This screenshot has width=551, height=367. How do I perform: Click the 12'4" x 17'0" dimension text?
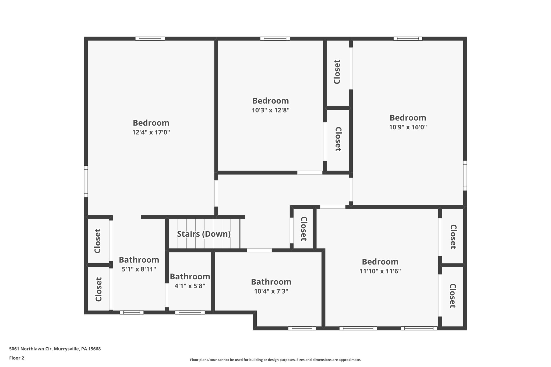click(151, 132)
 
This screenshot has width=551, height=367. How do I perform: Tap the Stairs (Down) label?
click(204, 234)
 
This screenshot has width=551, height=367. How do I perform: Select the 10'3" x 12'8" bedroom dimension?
click(270, 110)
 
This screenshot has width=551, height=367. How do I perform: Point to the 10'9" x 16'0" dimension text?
click(408, 127)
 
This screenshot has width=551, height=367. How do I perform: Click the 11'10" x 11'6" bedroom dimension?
click(380, 271)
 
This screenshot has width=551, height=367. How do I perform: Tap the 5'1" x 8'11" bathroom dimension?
click(139, 269)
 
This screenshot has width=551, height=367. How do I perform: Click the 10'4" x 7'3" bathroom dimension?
click(271, 291)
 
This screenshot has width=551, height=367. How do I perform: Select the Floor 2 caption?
click(17, 358)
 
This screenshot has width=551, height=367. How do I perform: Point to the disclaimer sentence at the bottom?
click(275, 360)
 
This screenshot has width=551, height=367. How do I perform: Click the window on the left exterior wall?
click(86, 181)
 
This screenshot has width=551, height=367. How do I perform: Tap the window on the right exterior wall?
click(465, 175)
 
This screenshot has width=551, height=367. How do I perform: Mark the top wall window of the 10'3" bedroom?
click(275, 38)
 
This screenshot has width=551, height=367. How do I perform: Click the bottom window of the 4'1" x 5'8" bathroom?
click(190, 312)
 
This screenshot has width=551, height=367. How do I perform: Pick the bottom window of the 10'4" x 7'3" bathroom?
click(302, 328)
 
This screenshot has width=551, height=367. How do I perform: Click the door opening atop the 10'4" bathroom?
click(259, 250)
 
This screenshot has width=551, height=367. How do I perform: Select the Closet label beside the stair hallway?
click(303, 229)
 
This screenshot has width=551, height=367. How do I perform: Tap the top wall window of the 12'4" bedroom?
click(150, 38)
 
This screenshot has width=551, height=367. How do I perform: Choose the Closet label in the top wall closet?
click(337, 72)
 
